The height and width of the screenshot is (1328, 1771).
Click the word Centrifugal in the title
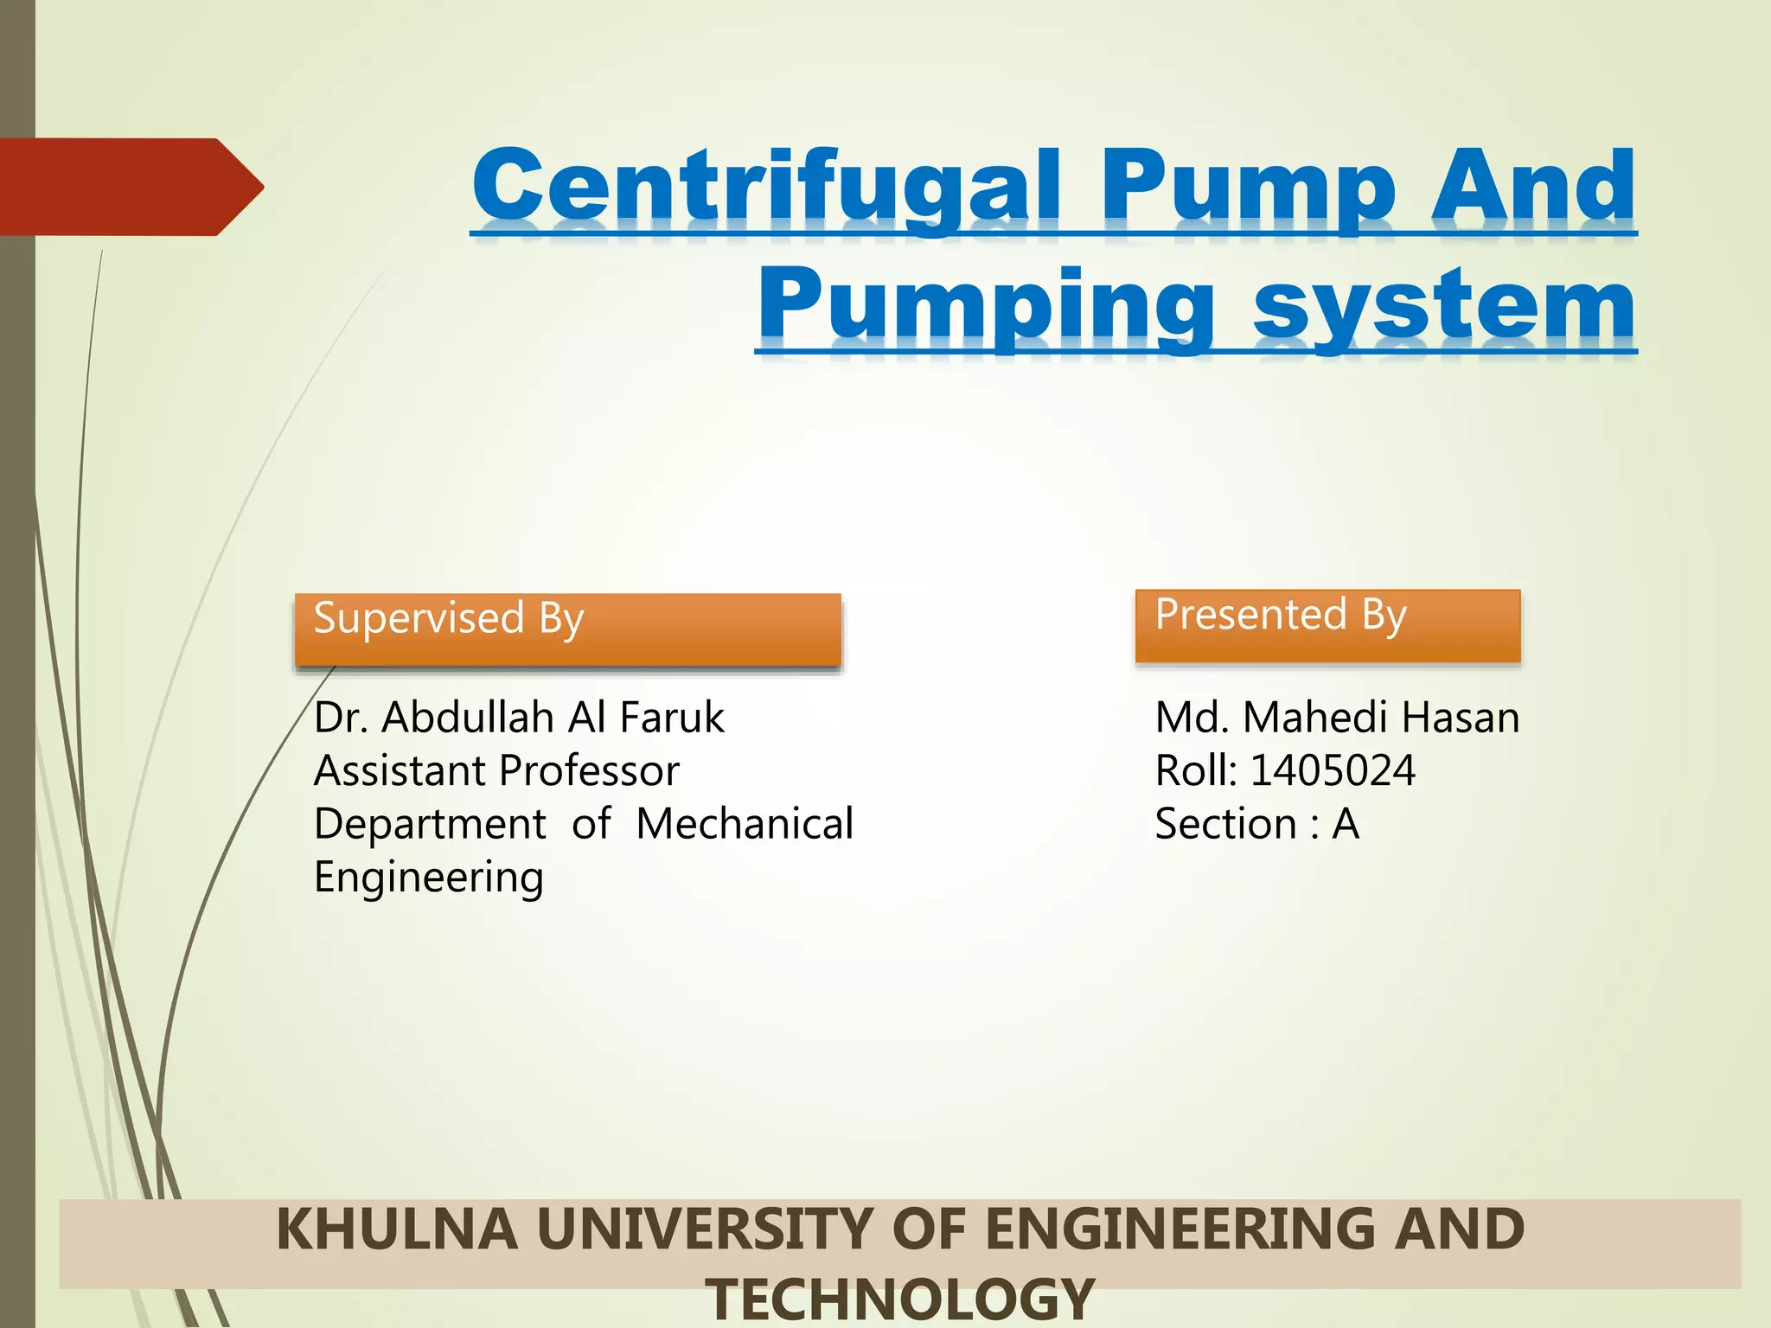coord(765,186)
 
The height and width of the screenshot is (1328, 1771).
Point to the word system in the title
coord(1444,307)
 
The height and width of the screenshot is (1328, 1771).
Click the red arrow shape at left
coord(130,187)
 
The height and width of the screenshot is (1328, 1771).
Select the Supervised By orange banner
coord(567,629)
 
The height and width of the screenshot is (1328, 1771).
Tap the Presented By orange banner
coord(1327,626)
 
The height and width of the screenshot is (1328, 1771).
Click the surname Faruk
coord(672,717)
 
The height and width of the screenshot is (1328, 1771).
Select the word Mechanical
coord(745,823)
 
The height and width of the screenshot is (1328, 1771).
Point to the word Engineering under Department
coord(429,878)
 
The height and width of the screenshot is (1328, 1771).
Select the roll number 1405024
coord(1333,770)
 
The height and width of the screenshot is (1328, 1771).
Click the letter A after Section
coord(1346,824)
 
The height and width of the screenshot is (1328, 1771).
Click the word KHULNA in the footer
coord(397,1229)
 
